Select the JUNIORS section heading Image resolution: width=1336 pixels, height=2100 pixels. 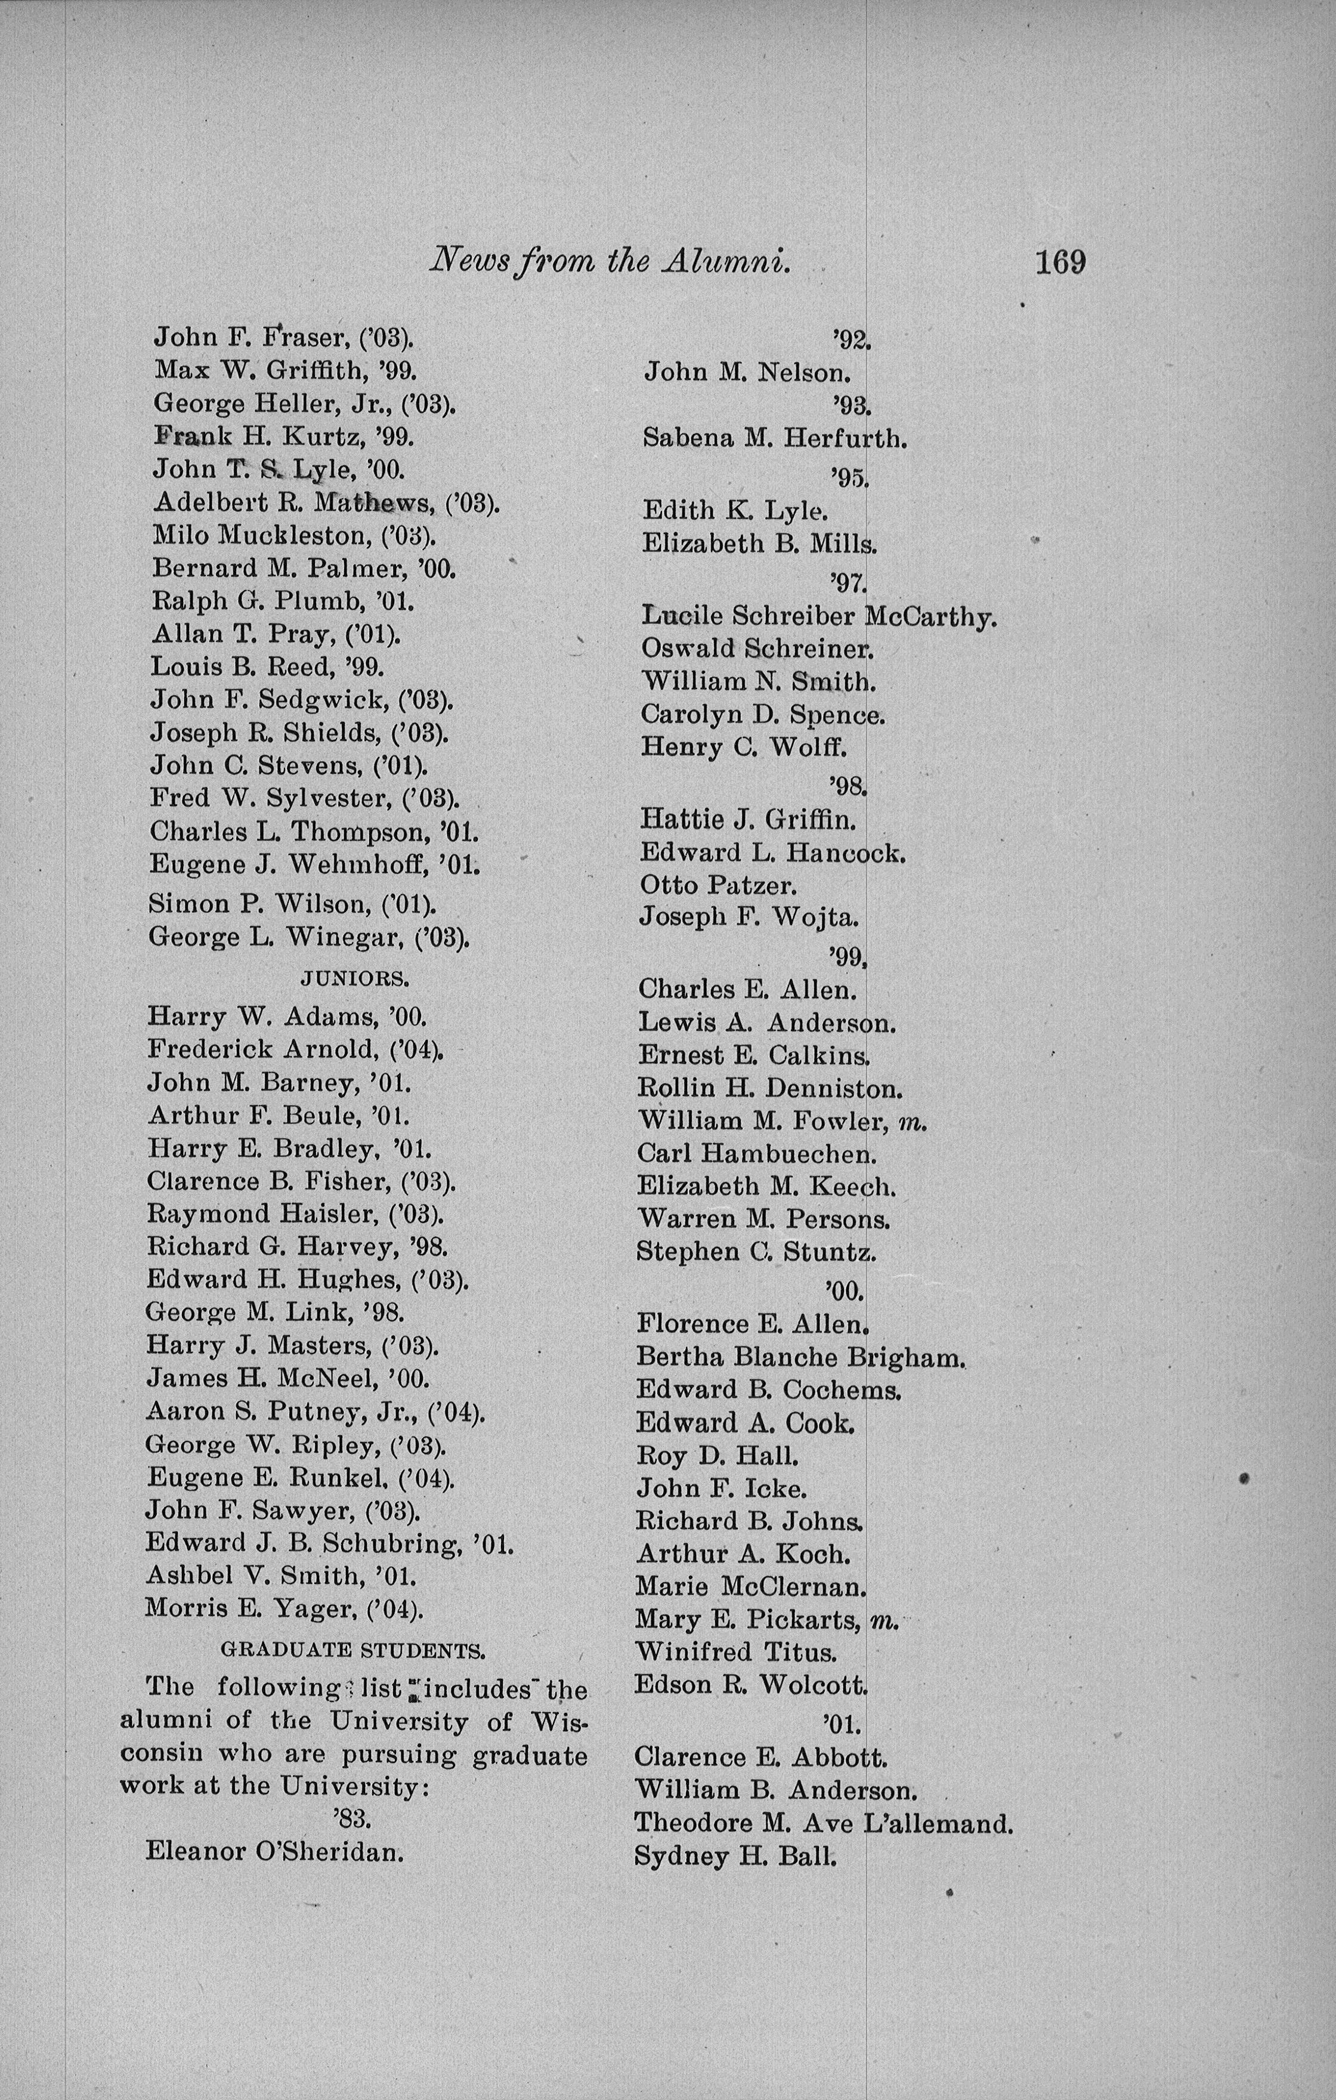click(355, 978)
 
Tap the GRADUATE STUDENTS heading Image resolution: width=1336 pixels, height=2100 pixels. click(353, 1650)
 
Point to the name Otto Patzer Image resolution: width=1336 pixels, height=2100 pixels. click(718, 885)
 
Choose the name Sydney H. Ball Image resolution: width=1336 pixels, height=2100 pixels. click(735, 1856)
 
